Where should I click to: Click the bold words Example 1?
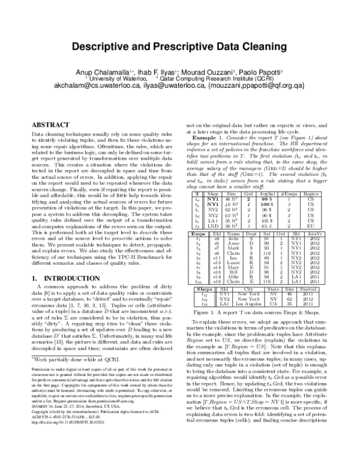(x=203, y=138)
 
